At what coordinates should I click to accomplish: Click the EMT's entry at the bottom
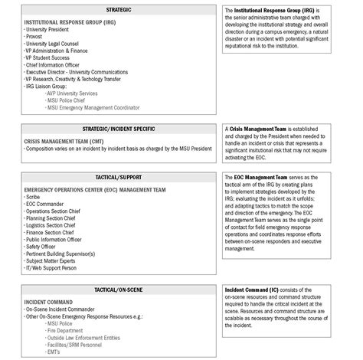(53, 351)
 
